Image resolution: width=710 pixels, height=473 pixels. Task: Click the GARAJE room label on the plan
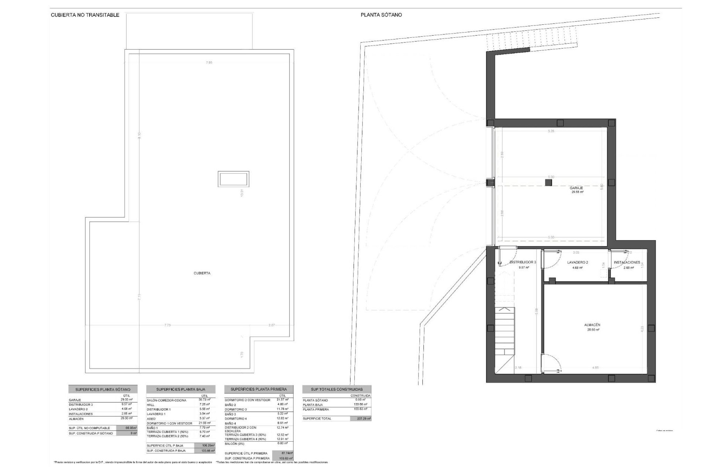tap(577, 188)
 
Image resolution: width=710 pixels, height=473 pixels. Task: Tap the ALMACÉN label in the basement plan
tap(592, 325)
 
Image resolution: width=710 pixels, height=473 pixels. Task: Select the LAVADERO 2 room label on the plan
tap(578, 262)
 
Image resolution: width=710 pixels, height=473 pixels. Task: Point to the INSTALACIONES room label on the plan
tap(627, 262)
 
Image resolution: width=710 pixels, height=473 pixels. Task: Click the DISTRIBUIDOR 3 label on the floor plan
tap(523, 262)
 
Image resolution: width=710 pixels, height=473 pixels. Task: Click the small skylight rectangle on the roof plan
tap(233, 179)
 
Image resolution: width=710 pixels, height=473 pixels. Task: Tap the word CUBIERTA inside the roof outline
tap(202, 273)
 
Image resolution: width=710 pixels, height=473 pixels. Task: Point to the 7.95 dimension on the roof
tap(209, 63)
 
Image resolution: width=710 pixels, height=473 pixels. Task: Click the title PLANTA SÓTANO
tap(381, 15)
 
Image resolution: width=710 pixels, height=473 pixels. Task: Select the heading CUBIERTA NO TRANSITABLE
tap(85, 15)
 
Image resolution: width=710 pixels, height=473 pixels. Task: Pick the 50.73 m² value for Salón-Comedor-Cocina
tap(204, 400)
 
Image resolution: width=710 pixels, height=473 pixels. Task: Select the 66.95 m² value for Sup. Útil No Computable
tap(126, 428)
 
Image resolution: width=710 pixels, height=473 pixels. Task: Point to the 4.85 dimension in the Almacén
tap(595, 368)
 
